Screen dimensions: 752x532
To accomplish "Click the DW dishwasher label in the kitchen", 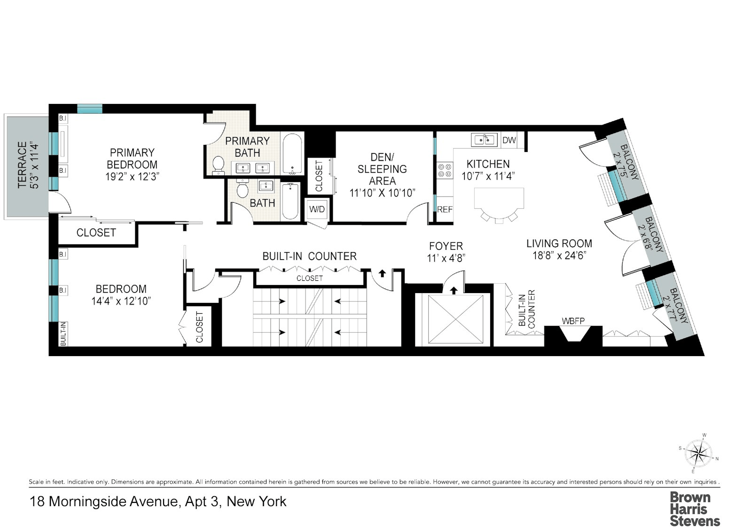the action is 509,140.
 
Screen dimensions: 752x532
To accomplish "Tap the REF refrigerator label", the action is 445,209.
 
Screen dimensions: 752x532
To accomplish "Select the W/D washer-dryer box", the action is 317,209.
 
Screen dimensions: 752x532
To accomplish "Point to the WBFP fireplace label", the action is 573,321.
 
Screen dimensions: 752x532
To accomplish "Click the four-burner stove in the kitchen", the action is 445,170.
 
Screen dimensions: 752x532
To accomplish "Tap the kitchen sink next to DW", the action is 484,140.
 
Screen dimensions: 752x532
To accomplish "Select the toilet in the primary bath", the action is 219,165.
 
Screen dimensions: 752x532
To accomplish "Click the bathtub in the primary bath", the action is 293,154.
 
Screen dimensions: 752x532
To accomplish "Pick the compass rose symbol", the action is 698,454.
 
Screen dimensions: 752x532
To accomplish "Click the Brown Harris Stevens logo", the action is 695,509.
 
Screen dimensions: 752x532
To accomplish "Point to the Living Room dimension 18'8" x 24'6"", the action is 559,255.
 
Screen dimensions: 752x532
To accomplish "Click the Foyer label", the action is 446,246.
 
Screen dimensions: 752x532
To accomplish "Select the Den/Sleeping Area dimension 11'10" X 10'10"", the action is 383,193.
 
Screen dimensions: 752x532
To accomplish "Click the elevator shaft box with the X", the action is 455,319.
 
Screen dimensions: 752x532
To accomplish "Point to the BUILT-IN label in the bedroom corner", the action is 63,333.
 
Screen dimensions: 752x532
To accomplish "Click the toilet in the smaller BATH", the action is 242,188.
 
